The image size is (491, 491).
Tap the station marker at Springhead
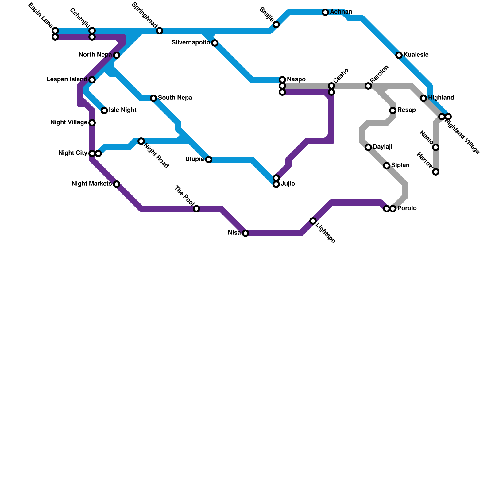pyautogui.click(x=160, y=31)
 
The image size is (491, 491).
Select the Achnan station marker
pyautogui.click(x=325, y=12)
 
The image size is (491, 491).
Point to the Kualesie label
pyautogui.click(x=416, y=55)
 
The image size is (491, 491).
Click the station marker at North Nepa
pyautogui.click(x=117, y=55)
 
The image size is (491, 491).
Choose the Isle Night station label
pyautogui.click(x=122, y=110)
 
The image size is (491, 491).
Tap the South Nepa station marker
pyautogui.click(x=153, y=98)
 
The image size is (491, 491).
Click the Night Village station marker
pyautogui.click(x=92, y=123)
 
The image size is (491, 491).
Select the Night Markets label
pyautogui.click(x=91, y=184)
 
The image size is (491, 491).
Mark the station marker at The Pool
pyautogui.click(x=196, y=209)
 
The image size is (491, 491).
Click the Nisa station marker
pyautogui.click(x=245, y=233)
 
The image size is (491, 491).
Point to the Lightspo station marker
pyautogui.click(x=313, y=221)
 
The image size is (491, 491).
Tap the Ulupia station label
pyautogui.click(x=195, y=159)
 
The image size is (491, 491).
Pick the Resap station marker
pyautogui.click(x=393, y=110)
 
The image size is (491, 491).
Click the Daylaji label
pyautogui.click(x=382, y=147)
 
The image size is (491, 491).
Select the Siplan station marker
pyautogui.click(x=387, y=166)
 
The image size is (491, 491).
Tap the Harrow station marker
pyautogui.click(x=436, y=172)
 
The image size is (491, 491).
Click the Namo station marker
pyautogui.click(x=436, y=147)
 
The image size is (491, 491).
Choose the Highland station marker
pyautogui.click(x=423, y=98)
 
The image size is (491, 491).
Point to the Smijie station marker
pyautogui.click(x=276, y=25)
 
